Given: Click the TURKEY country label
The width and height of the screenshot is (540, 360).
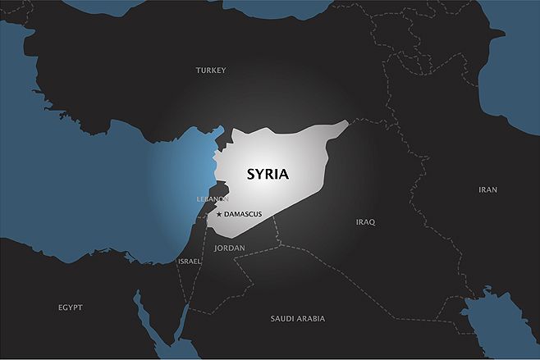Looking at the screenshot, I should tap(211, 71).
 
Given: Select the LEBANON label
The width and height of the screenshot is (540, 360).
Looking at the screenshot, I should tap(213, 199).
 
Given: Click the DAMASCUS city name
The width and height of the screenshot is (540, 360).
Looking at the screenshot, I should tap(243, 214).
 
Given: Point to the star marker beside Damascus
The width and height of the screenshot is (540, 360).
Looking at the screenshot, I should tap(218, 214).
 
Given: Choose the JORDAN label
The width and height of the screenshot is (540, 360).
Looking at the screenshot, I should tap(229, 247).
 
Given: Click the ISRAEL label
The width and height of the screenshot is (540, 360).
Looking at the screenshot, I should tap(190, 261).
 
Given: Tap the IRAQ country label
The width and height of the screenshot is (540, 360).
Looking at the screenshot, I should tap(365, 222).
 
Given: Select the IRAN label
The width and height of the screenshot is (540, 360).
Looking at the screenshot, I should tap(487, 189).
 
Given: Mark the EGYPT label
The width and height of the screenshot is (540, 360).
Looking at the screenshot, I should tap(70, 308).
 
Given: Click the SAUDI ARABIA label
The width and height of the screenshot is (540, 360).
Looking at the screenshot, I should tap(298, 318).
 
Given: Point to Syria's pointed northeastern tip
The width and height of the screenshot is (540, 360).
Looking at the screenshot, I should tap(346, 123).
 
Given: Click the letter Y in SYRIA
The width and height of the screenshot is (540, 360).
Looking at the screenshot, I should tap(259, 175).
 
